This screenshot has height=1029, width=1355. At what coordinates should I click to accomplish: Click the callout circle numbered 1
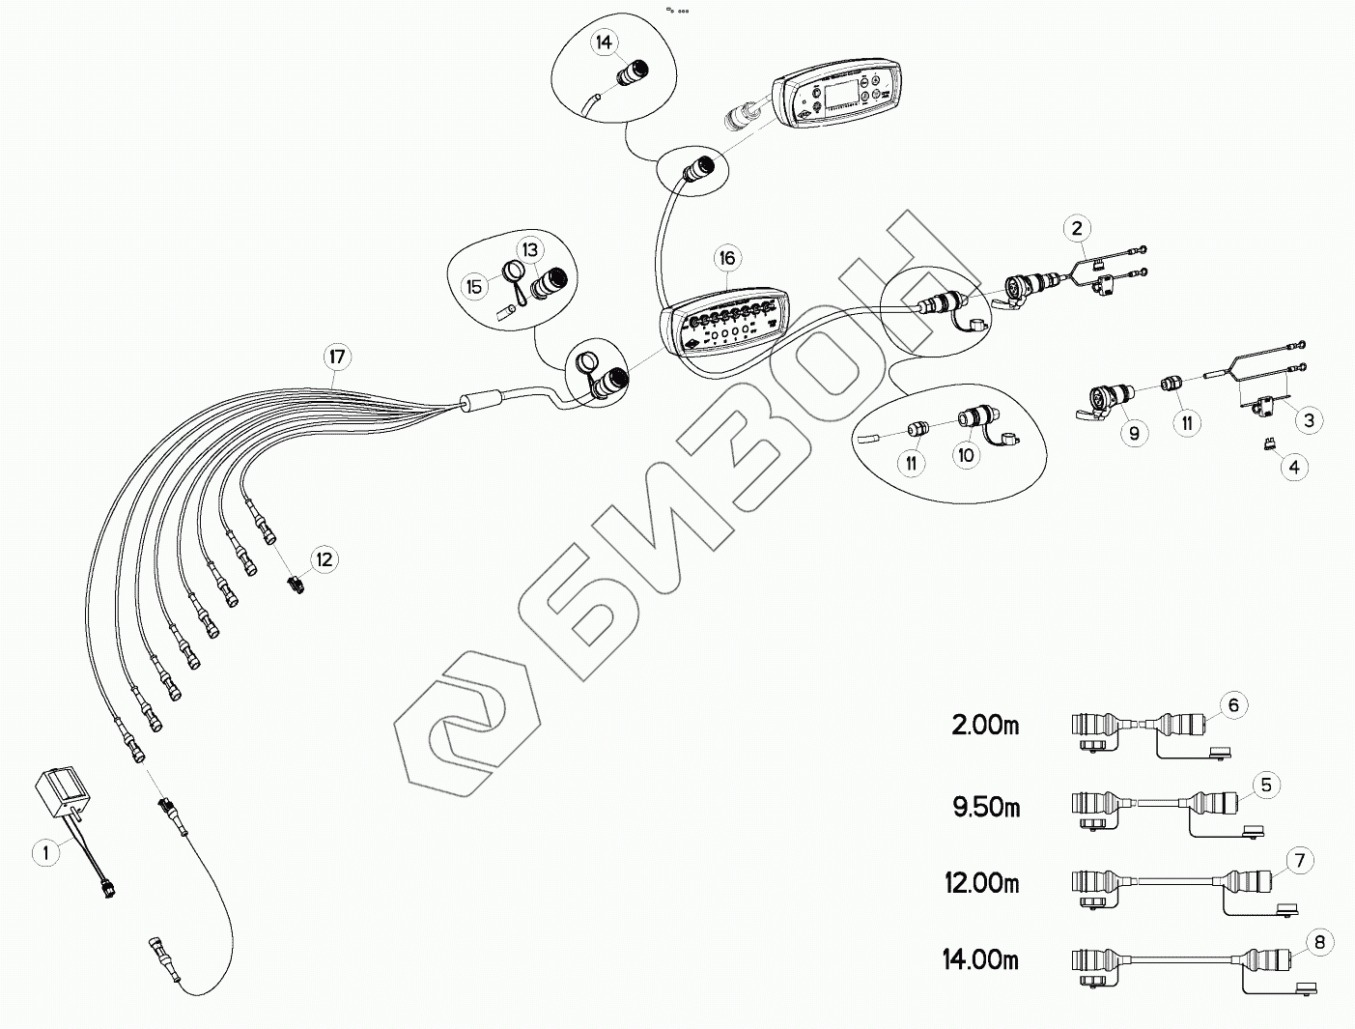[43, 851]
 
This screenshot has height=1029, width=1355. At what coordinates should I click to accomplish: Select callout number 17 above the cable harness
[336, 357]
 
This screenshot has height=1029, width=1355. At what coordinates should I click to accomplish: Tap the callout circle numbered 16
[726, 258]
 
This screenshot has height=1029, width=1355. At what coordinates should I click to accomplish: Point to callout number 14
[605, 43]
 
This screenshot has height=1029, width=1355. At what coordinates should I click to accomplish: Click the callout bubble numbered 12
[324, 559]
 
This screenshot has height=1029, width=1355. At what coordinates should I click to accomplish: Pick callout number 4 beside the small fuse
[1294, 468]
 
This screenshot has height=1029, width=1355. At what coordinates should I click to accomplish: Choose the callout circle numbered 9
[1134, 433]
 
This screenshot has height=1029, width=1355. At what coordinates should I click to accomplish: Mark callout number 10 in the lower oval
[967, 455]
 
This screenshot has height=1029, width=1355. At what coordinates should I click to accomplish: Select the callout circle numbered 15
[474, 287]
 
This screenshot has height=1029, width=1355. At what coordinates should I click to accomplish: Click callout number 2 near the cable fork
[1077, 228]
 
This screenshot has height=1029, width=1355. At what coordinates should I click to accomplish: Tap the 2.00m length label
[985, 726]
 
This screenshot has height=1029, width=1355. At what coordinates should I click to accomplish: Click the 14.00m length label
[980, 960]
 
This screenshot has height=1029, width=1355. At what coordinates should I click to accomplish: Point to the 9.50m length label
[986, 806]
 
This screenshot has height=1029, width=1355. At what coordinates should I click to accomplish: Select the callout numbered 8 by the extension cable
[1319, 939]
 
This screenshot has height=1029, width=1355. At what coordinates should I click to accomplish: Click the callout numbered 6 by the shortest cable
[1233, 705]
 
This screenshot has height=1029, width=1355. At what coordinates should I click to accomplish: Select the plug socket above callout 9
[1106, 398]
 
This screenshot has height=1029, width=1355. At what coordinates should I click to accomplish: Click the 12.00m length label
[981, 883]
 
